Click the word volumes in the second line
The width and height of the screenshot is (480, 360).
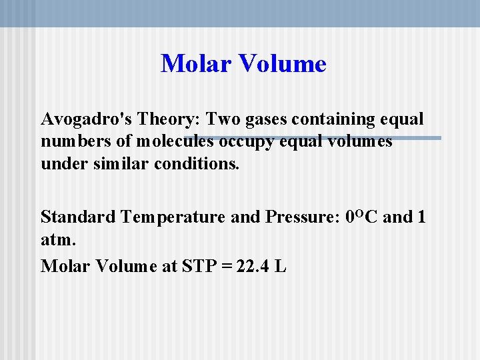[x=362, y=142]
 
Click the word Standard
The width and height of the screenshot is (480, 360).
[x=78, y=217]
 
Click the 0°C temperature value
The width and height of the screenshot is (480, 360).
[x=364, y=217]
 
